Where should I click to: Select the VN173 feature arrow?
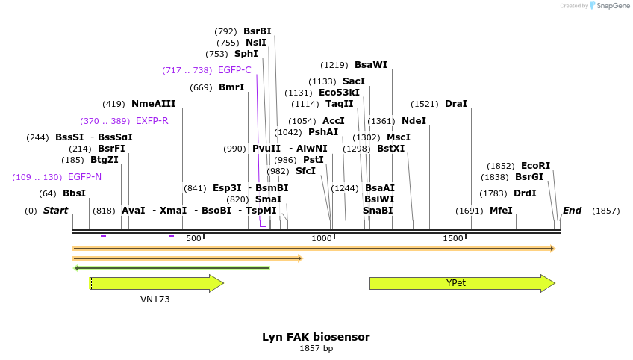[156, 283]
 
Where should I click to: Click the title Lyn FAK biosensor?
[316, 337]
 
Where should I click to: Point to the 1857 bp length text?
[316, 348]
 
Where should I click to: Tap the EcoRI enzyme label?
[535, 166]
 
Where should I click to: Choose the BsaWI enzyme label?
[371, 65]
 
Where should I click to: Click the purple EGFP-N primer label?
[84, 177]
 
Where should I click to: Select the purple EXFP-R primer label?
[152, 121]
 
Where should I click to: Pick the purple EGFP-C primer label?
[234, 70]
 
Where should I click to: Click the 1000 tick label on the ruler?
[322, 238]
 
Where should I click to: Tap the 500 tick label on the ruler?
[193, 238]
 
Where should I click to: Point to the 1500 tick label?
[453, 238]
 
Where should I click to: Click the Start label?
[55, 211]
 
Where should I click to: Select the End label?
[572, 211]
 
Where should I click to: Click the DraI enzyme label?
[456, 104]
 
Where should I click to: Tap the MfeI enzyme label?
[501, 211]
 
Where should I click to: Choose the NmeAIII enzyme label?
[153, 104]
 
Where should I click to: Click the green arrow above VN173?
[171, 267]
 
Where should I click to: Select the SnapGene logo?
[609, 6]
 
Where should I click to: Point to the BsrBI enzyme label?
[258, 31]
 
